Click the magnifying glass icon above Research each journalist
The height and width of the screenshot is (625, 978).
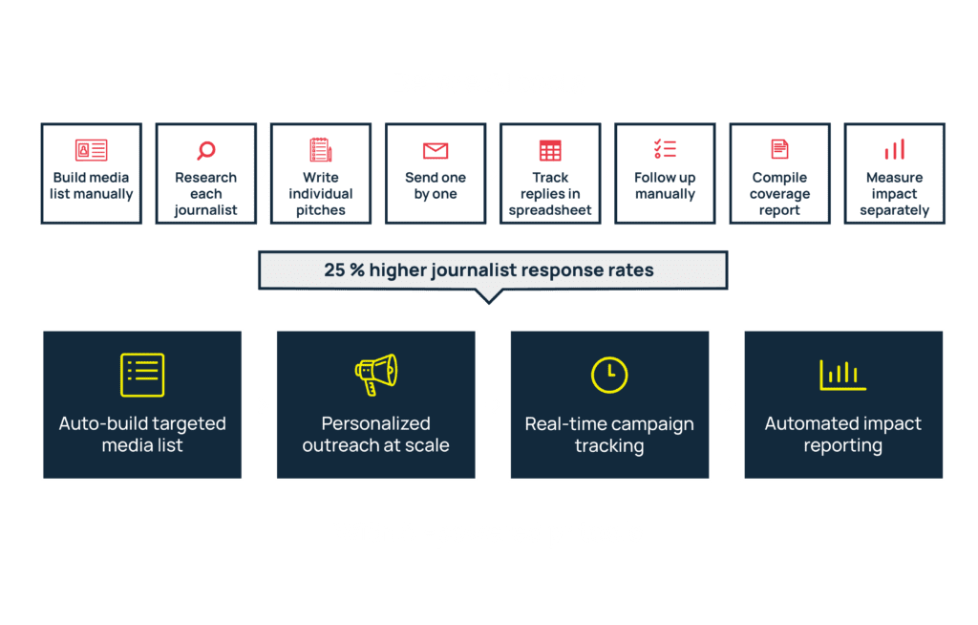pos(206,150)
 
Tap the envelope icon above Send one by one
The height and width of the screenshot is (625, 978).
pos(436,150)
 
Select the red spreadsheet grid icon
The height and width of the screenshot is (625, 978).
pos(550,150)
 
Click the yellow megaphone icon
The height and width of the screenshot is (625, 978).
pos(376,375)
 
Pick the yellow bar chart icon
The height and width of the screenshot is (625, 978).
pos(842,376)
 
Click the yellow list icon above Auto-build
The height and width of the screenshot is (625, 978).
pos(142,375)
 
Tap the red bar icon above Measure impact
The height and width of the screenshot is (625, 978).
pos(894,150)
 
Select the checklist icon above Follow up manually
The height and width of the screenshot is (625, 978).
pos(665,148)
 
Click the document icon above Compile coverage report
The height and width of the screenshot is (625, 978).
pos(779,149)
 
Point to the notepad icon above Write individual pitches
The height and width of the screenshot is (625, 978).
pos(321,150)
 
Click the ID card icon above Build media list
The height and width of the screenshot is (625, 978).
pos(91,150)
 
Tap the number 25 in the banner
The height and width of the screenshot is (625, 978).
pos(334,269)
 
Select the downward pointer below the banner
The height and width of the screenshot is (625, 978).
pos(489,296)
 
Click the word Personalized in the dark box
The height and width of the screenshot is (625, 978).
pos(375,423)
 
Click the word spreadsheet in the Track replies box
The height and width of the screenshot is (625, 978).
pos(550,210)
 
